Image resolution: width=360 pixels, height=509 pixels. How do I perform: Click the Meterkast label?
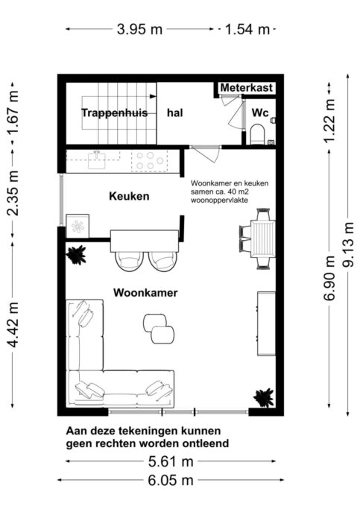tap(247, 88)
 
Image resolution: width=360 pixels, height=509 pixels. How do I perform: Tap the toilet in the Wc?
tap(259, 133)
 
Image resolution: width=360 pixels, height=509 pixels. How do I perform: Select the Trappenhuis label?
tap(114, 113)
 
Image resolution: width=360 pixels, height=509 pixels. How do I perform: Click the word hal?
tap(174, 113)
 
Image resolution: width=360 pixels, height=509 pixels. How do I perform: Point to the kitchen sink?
tap(97, 160)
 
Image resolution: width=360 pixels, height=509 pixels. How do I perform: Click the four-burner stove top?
tap(150, 161)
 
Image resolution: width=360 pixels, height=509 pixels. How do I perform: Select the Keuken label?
tap(129, 196)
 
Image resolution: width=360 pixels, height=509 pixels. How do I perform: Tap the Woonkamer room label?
tap(145, 292)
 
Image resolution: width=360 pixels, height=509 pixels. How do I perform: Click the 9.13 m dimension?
tap(349, 244)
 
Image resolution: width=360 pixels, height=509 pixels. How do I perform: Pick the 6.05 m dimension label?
tap(171, 480)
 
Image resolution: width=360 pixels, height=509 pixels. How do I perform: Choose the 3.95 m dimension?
tap(139, 29)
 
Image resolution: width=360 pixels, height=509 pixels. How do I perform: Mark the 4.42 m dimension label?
tap(13, 325)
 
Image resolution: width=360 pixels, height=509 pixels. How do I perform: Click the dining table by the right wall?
tap(263, 238)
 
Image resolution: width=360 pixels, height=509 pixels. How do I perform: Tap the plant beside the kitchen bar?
tap(76, 255)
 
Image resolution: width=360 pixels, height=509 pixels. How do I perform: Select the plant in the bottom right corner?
tap(264, 398)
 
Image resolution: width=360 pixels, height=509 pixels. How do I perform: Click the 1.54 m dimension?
tap(247, 29)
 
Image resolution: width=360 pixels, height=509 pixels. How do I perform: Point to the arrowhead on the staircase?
tap(153, 96)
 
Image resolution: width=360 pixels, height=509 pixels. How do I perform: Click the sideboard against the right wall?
tap(267, 323)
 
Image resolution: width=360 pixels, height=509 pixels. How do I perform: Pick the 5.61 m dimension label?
tap(171, 461)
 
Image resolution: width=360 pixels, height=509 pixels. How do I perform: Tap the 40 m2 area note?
tap(230, 192)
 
